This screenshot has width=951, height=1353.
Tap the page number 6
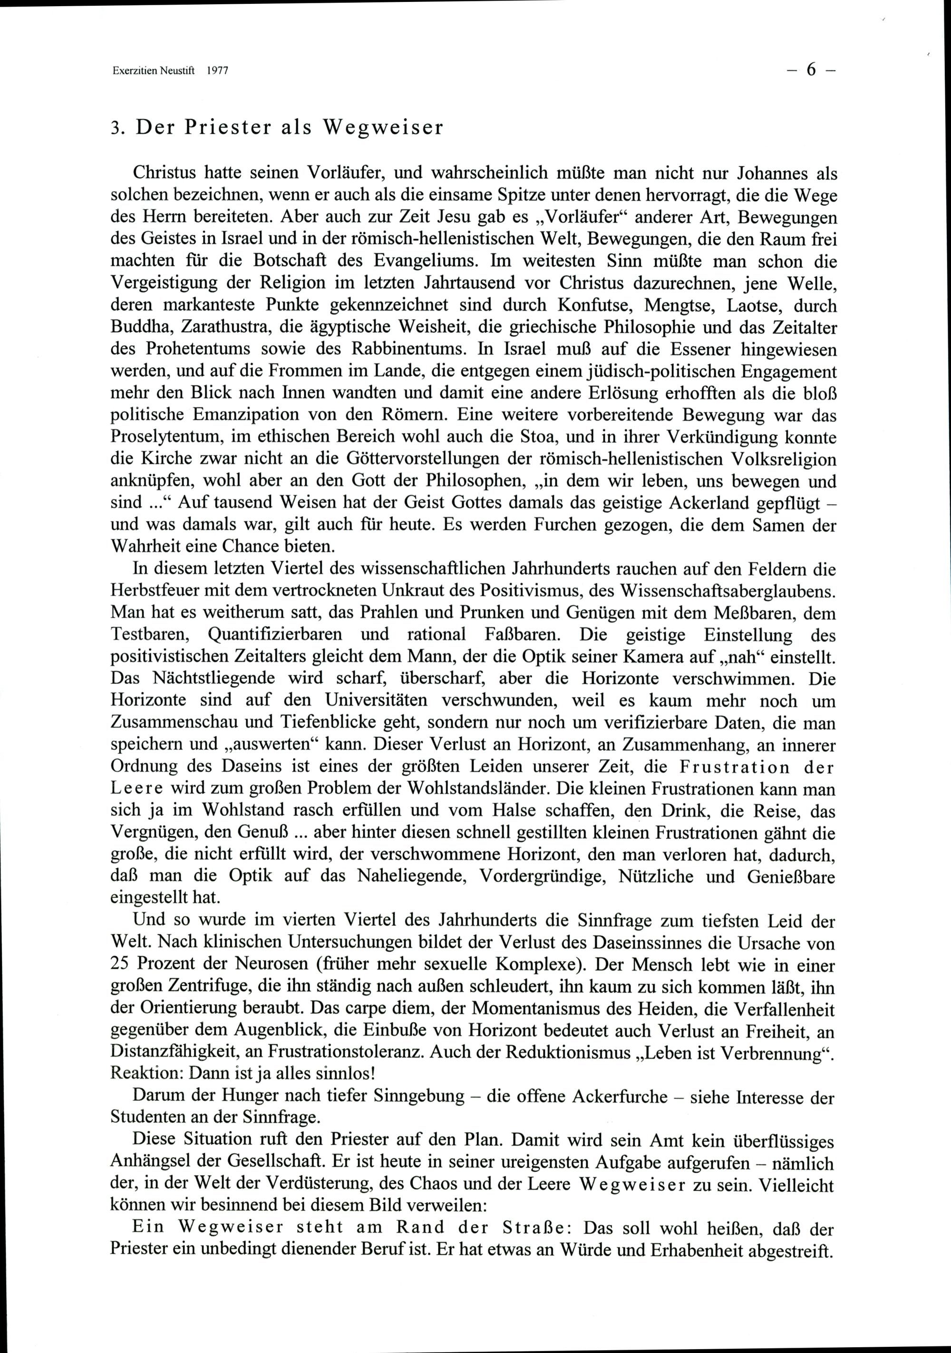pyautogui.click(x=811, y=69)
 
